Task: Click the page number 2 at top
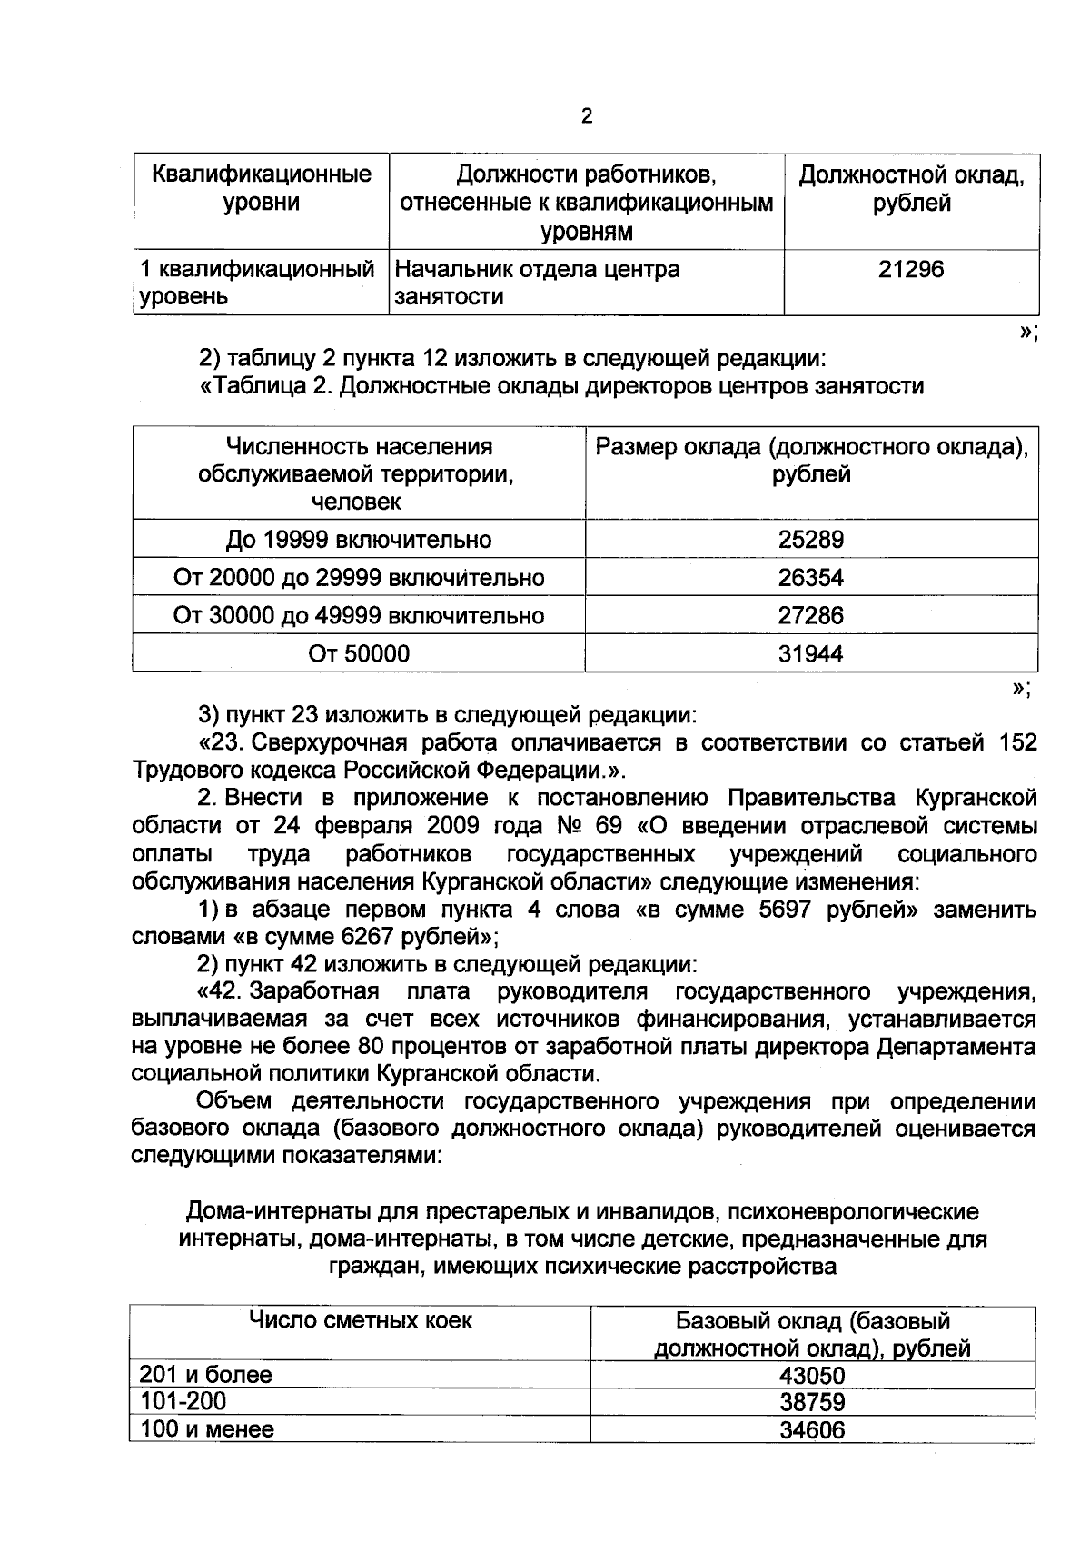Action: click(x=586, y=116)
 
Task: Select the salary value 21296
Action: click(x=911, y=269)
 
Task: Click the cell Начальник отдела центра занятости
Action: click(x=538, y=283)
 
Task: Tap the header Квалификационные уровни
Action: click(x=262, y=188)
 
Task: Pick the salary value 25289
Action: click(x=811, y=540)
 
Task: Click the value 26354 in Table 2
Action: click(x=811, y=578)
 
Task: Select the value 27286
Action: click(x=811, y=616)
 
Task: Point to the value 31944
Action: click(x=811, y=653)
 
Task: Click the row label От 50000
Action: click(x=359, y=653)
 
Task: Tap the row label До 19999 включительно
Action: click(x=359, y=540)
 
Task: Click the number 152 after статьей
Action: click(x=1017, y=742)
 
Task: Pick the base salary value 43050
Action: click(x=812, y=1376)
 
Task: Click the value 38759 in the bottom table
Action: click(x=812, y=1402)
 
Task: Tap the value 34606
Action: click(x=812, y=1430)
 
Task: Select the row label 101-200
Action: click(x=183, y=1401)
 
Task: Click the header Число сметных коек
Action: click(x=361, y=1320)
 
